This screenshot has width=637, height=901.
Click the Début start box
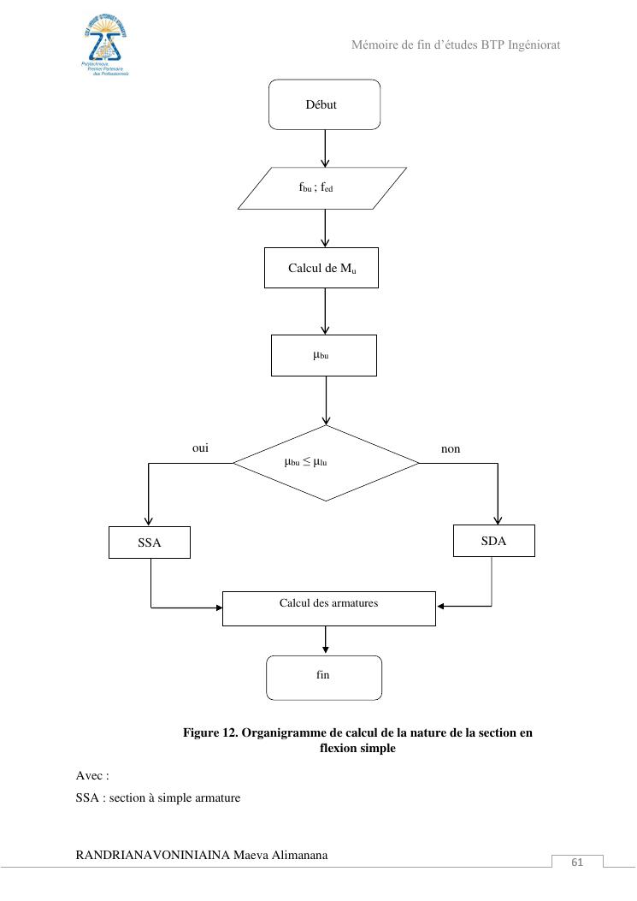(324, 104)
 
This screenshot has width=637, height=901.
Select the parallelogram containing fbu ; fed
(321, 188)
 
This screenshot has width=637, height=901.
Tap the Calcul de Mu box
(321, 269)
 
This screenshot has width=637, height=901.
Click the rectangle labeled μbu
(323, 355)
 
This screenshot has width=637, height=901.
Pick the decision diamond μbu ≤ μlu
(326, 463)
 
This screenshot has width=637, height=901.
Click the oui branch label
(201, 448)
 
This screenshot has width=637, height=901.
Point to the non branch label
(451, 448)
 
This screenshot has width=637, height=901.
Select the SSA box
(150, 542)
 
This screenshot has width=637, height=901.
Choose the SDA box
(493, 541)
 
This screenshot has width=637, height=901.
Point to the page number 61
(577, 862)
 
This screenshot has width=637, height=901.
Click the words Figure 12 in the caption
(210, 733)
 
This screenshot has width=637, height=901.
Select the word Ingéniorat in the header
(530, 44)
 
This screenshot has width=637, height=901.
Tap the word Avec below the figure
(91, 776)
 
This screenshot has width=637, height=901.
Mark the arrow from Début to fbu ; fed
(325, 148)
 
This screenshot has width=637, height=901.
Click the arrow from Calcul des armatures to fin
(325, 641)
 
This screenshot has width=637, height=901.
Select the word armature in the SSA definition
(215, 798)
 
